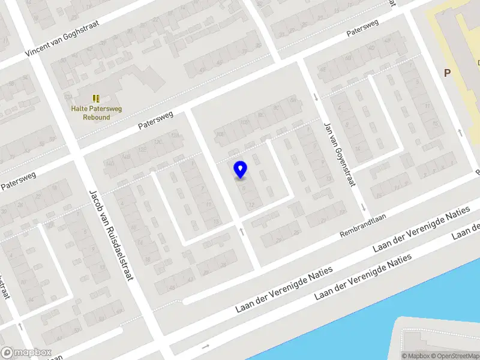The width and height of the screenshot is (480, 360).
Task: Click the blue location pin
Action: (241, 169)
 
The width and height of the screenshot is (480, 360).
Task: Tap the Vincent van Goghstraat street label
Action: (63, 38)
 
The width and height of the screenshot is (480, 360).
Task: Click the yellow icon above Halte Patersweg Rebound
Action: (96, 98)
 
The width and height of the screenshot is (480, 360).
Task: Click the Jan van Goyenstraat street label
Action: (337, 155)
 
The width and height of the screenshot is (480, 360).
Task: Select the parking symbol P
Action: (447, 73)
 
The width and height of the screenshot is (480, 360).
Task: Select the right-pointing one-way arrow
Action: (206, 347)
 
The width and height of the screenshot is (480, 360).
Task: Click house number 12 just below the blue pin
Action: (251, 205)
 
